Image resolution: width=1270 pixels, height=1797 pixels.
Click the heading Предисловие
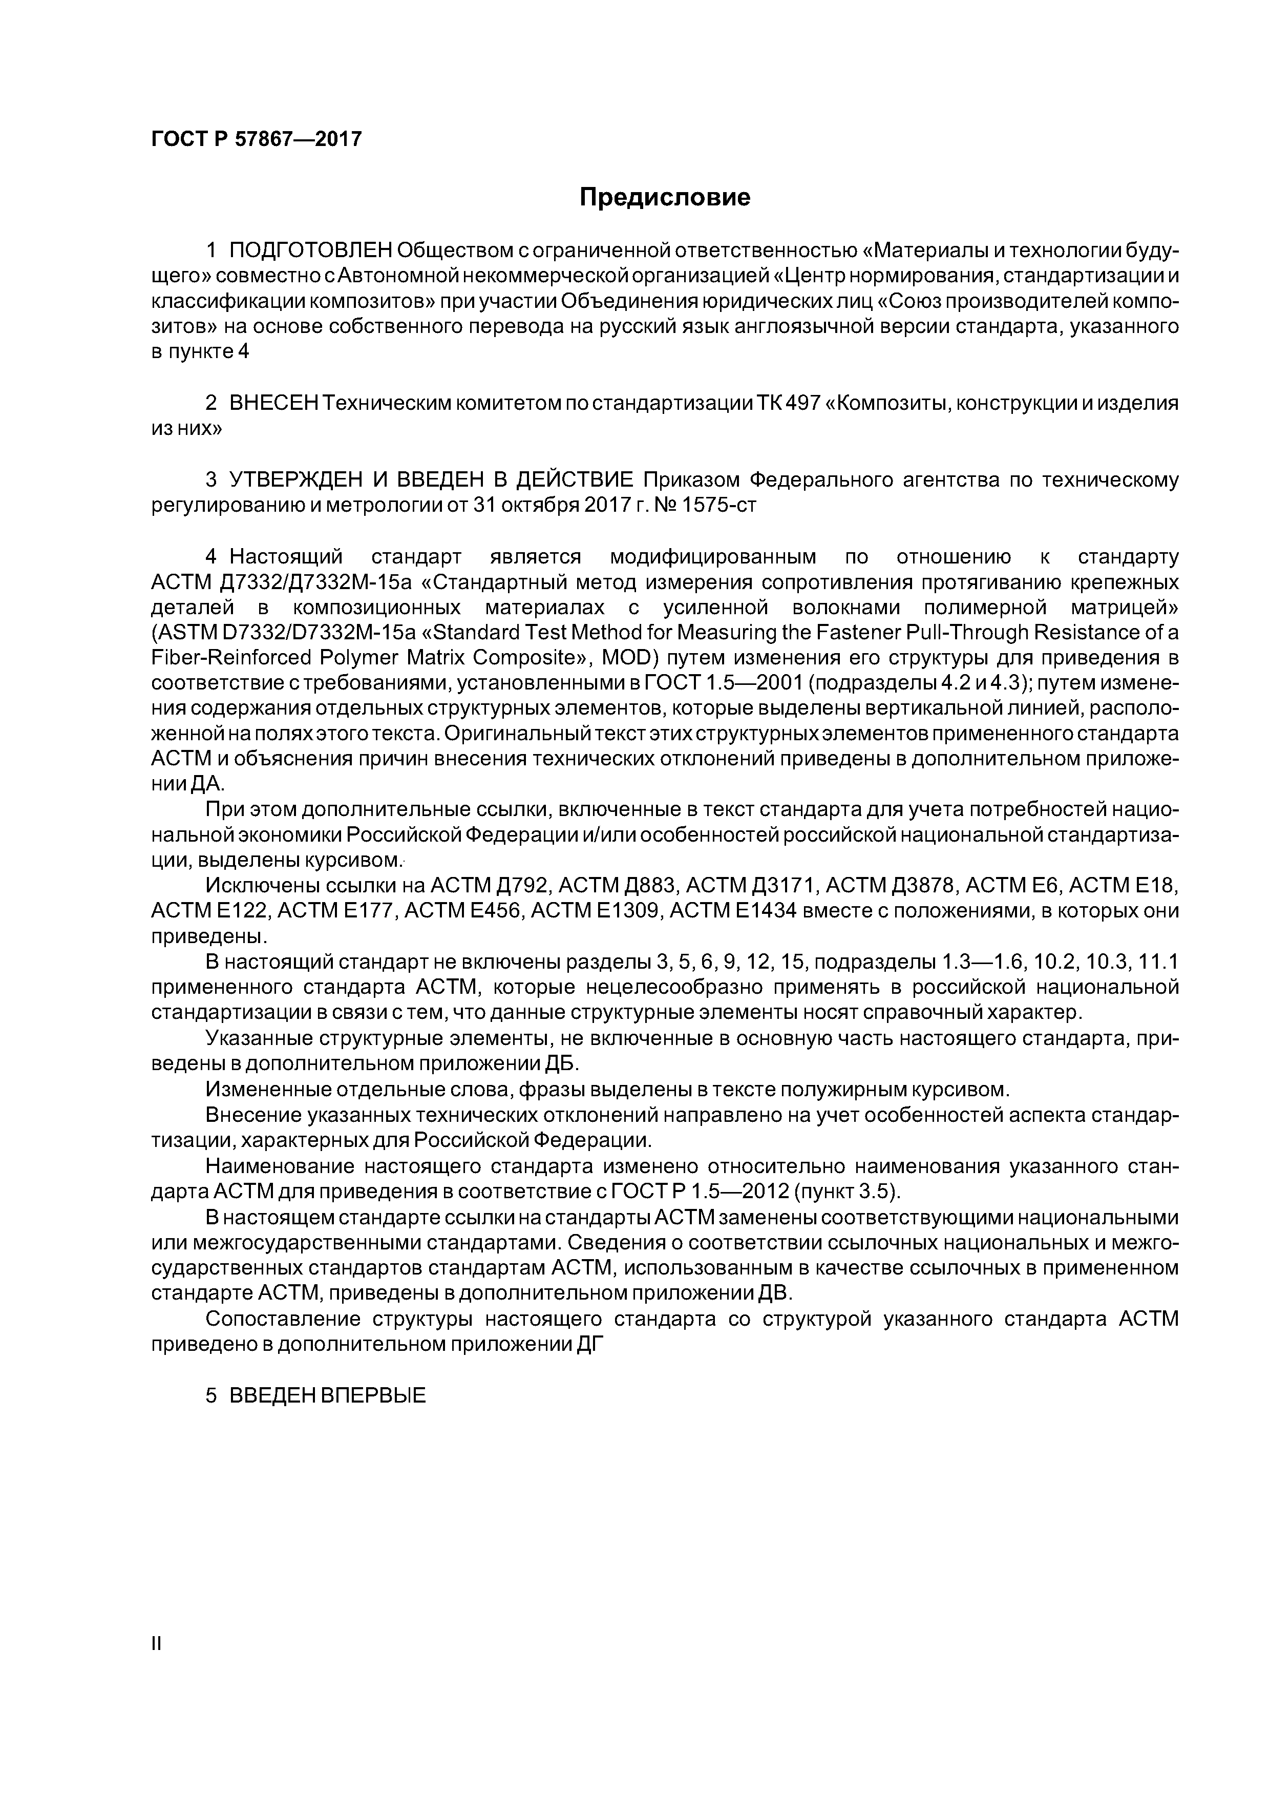[x=664, y=197]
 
